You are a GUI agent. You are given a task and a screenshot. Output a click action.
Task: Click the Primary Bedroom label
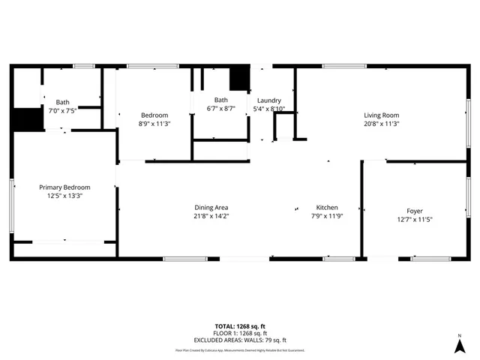click(x=65, y=187)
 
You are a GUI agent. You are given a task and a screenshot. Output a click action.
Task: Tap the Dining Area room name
click(x=211, y=208)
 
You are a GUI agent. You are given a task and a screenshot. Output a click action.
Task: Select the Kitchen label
click(x=326, y=208)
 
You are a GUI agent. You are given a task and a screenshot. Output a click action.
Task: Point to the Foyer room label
click(x=415, y=211)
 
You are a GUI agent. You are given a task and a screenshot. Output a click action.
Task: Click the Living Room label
click(x=381, y=115)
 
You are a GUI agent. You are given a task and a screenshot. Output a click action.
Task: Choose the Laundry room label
click(x=268, y=100)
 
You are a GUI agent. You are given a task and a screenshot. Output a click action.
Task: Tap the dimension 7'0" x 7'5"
click(x=62, y=110)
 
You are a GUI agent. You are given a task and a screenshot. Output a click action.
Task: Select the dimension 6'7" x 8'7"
click(x=220, y=109)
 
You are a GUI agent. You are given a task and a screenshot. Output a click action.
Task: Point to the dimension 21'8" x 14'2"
click(x=211, y=216)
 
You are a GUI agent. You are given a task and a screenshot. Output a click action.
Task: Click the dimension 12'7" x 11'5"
click(x=415, y=220)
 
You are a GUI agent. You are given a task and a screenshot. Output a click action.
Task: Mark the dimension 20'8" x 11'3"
click(x=381, y=123)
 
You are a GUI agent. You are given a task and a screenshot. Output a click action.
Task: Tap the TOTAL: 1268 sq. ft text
click(x=239, y=326)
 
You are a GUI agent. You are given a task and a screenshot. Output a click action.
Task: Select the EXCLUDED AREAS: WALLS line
click(x=239, y=339)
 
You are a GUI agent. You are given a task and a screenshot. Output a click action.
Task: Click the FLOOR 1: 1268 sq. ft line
click(x=239, y=333)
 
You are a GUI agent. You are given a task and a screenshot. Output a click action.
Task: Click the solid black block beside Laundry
click(x=238, y=78)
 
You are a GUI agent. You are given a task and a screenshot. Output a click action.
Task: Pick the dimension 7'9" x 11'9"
click(x=326, y=216)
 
